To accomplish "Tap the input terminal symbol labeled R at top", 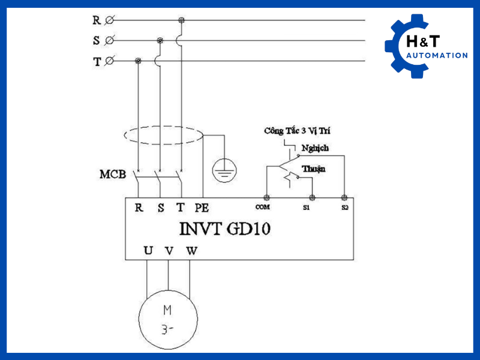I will click(109, 20).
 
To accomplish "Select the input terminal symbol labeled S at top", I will click(109, 41).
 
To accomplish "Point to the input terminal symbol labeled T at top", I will click(109, 61).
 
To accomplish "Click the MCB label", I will click(112, 175).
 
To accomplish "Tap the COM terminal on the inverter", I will click(265, 197).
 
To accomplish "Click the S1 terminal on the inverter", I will click(311, 197).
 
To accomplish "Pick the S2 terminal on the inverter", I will click(344, 197).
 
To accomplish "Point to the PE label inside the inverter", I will click(202, 208).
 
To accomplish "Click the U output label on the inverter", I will click(148, 251).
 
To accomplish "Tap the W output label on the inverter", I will click(191, 251).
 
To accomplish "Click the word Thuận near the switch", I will click(313, 169).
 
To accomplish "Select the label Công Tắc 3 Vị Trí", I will click(297, 131).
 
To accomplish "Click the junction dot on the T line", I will click(139, 61).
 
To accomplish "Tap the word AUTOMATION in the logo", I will click(436, 56).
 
